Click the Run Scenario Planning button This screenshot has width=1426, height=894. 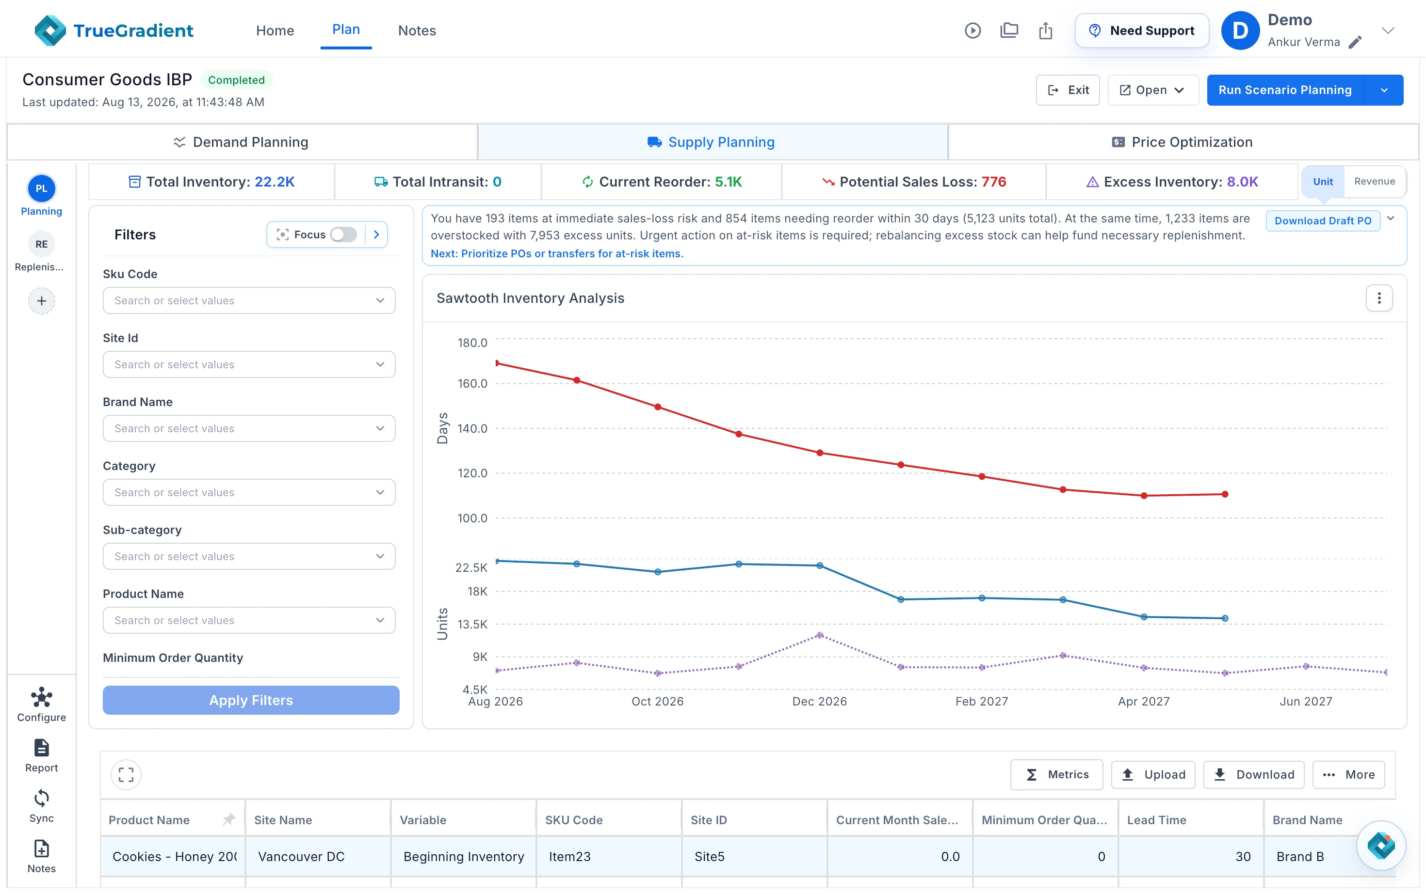(x=1284, y=90)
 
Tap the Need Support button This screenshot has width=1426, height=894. (x=1141, y=30)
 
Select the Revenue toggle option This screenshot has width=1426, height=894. (x=1374, y=182)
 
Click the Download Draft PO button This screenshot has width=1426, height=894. (x=1323, y=220)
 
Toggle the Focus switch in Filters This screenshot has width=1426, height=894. (x=343, y=235)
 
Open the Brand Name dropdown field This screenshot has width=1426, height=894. (x=248, y=428)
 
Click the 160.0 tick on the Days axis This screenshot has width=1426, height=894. (x=472, y=384)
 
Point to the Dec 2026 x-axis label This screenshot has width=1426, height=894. (x=819, y=701)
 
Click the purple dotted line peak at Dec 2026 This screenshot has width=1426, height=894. (x=820, y=635)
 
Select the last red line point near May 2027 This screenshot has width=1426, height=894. (x=1225, y=494)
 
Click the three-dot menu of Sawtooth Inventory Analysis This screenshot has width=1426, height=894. (x=1378, y=298)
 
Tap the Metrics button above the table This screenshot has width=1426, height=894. (x=1056, y=775)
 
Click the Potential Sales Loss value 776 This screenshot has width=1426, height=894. (x=994, y=182)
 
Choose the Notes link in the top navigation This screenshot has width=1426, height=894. (x=417, y=30)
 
